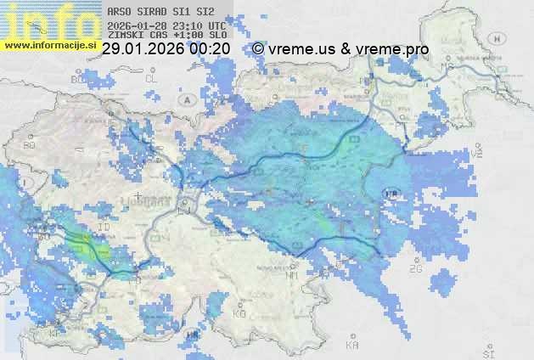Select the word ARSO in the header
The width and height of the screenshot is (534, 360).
[x=119, y=13]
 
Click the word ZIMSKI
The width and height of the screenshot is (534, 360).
[x=124, y=36]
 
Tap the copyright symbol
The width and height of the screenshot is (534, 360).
[x=258, y=49]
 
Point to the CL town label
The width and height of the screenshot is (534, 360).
[x=152, y=79]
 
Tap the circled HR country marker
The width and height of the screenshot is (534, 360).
[x=391, y=194]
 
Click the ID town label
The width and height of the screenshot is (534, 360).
[x=104, y=228]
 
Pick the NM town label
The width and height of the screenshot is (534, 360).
[x=292, y=275]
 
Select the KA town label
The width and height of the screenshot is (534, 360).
[x=351, y=346]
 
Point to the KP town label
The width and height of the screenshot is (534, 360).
[x=54, y=334]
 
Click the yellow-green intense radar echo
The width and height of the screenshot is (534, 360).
[x=84, y=247]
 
